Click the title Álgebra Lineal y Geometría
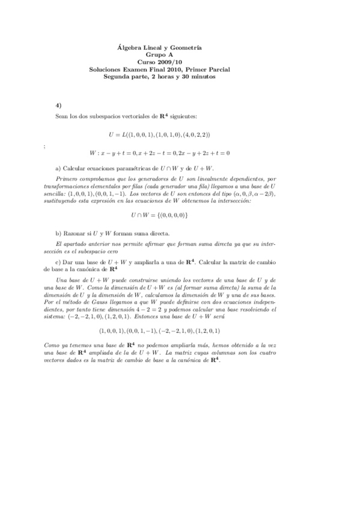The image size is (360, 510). tap(158, 47)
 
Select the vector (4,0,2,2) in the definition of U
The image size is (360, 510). tap(194, 134)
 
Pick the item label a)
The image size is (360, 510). tap(58, 169)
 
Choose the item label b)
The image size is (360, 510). tap(58, 233)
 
